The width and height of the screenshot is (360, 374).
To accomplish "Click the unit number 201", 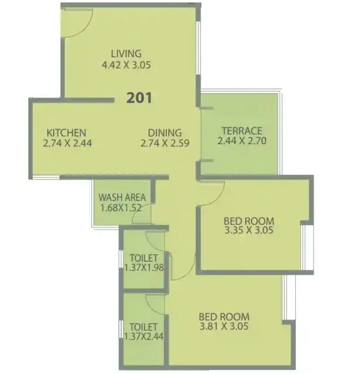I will [139, 98].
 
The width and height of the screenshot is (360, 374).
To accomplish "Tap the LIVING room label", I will [126, 54].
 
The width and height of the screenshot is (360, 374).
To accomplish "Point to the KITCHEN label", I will [66, 132].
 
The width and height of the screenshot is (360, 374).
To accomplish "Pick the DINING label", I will [164, 132].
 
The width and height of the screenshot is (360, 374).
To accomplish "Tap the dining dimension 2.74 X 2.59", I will [164, 143].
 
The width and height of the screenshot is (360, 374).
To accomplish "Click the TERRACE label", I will [241, 131].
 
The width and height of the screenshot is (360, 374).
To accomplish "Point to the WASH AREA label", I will [122, 197].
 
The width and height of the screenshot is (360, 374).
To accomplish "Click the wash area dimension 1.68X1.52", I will [121, 208].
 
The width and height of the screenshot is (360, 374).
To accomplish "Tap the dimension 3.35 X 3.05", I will [248, 230].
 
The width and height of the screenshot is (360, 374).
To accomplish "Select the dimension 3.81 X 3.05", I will [224, 326].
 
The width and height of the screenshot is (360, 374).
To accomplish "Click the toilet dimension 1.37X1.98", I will [144, 267].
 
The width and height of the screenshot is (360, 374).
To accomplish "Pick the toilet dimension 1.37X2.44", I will [143, 336].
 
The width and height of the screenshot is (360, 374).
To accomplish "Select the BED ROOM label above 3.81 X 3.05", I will [224, 316].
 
